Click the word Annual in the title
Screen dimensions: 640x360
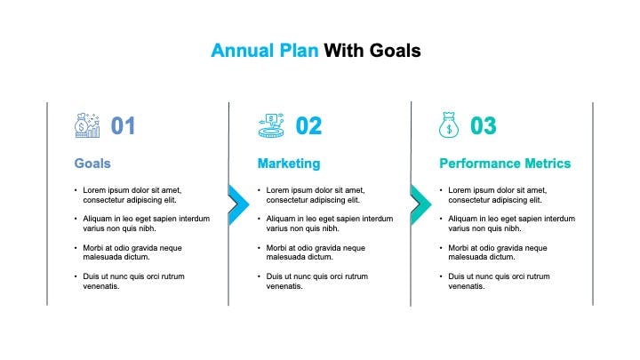(242, 51)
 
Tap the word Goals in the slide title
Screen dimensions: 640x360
(395, 51)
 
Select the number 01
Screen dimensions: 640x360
(123, 125)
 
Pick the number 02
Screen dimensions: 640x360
(308, 125)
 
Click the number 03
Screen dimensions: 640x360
(484, 125)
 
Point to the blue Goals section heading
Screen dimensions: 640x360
(92, 164)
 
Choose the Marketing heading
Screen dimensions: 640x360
(289, 164)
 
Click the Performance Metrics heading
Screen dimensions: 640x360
(505, 164)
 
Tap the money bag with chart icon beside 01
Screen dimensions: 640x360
(87, 125)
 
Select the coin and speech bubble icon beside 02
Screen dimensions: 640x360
(271, 125)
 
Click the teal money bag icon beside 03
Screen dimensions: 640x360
(449, 125)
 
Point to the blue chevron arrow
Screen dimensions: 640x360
(239, 205)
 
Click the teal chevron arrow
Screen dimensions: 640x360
(420, 205)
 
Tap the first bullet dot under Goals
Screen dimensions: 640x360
(76, 190)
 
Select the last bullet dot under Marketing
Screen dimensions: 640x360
(260, 276)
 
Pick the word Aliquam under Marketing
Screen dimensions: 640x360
(281, 219)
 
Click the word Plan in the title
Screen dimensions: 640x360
(299, 51)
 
